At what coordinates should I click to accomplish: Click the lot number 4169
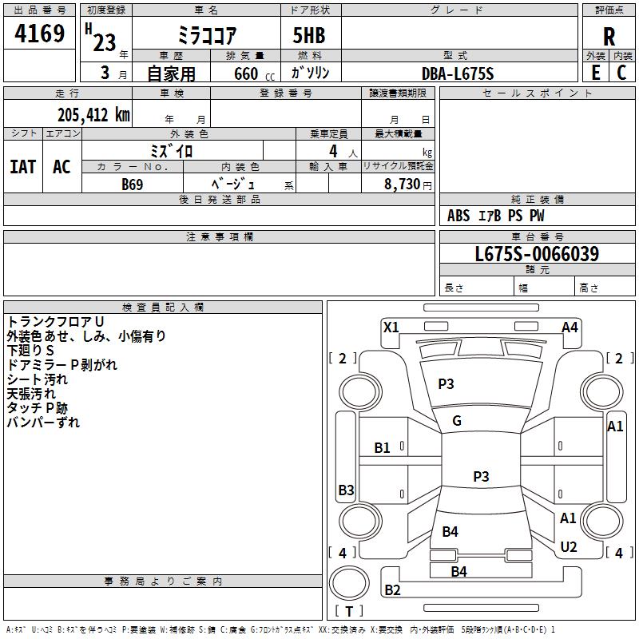point(40,34)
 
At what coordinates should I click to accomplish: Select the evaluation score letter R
point(609,36)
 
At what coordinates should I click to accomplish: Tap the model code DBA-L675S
point(458,74)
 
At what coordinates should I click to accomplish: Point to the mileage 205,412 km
point(93,115)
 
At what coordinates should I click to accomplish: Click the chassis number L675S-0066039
point(537,255)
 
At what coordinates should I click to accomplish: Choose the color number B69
point(133,185)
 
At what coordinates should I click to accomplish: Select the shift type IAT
point(22,167)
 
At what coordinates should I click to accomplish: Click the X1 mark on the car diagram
point(391,327)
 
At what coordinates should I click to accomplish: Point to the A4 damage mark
point(570,327)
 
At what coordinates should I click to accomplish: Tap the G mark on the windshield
point(457,421)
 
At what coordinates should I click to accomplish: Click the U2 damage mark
point(568,547)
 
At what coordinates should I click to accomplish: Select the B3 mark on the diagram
point(346,490)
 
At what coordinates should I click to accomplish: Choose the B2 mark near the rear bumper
point(392,590)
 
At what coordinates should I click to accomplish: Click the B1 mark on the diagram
point(383,448)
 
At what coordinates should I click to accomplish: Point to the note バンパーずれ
point(43,423)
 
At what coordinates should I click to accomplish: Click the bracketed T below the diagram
point(349,612)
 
